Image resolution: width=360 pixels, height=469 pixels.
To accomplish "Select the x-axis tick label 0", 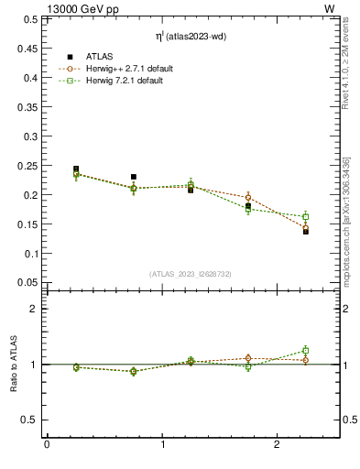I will click(x=47, y=446).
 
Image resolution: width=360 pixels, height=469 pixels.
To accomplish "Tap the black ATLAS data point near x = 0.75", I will click(x=134, y=177).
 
